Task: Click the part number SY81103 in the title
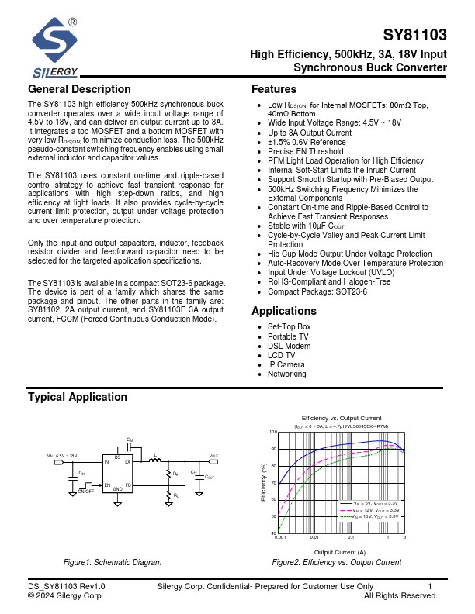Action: coord(415,36)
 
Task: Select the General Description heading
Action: coord(79,89)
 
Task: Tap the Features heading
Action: coord(274,89)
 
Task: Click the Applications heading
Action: coord(284,311)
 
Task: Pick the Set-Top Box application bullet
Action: coord(289,327)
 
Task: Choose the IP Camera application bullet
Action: coord(286,364)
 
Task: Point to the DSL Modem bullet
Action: coord(290,346)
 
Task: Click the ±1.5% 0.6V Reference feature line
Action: coord(307,142)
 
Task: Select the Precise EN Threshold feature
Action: coord(305,151)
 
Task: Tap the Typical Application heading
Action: coord(77,398)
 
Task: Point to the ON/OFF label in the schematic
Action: coord(86,491)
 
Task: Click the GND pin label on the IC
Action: coord(118,489)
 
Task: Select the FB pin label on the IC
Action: coord(128,485)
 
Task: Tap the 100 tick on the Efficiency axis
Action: coord(272,432)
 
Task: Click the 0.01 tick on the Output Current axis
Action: coord(314,536)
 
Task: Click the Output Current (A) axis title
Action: coord(340,551)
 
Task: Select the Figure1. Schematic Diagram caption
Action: coord(113,563)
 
